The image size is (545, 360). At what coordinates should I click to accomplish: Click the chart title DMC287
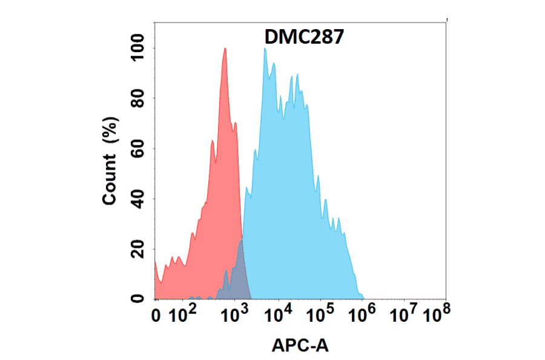point(305,38)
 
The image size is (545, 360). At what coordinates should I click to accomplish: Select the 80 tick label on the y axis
point(137,98)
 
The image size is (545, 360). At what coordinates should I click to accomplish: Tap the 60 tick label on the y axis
point(137,148)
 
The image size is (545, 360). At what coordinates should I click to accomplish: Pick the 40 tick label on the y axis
point(137,199)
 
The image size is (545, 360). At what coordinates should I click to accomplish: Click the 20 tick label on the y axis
point(137,248)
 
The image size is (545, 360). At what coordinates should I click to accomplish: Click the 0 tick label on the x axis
point(157,316)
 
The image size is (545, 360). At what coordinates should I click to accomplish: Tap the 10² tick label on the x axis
point(183,315)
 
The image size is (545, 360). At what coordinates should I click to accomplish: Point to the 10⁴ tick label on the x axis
point(279,315)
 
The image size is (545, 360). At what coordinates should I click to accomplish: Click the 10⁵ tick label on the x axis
point(320,315)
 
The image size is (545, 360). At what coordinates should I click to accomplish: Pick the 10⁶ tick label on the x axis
point(362,315)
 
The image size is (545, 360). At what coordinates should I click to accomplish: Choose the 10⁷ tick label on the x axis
point(404,315)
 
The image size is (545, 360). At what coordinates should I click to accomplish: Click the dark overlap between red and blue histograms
point(239,273)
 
